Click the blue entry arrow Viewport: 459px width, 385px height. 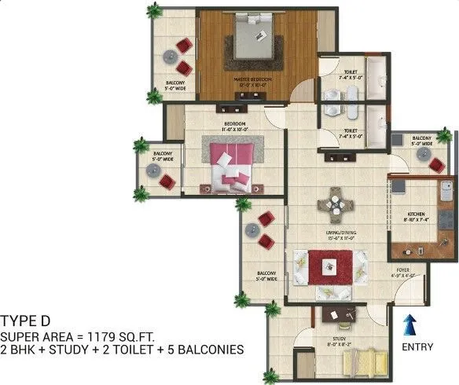coord(409,324)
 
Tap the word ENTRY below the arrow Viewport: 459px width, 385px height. coord(417,346)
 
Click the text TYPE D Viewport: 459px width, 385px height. coord(26,320)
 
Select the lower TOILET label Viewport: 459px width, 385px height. coord(351,133)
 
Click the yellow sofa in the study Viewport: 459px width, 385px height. coord(363,362)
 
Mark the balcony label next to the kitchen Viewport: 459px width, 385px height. coord(422,141)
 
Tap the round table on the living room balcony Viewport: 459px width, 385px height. coord(252,230)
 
